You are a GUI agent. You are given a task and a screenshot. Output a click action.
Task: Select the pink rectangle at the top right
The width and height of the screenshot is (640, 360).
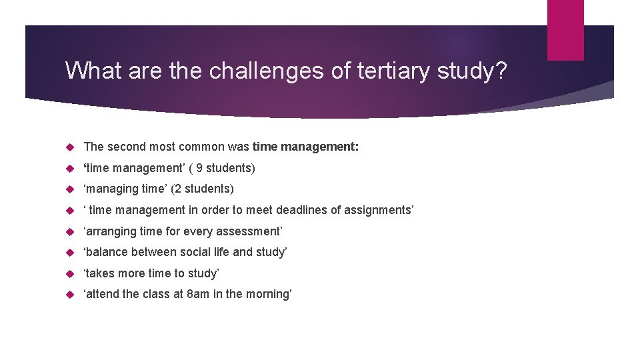[x=565, y=30]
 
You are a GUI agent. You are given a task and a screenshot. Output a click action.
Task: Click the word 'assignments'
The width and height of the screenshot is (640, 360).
[x=376, y=210]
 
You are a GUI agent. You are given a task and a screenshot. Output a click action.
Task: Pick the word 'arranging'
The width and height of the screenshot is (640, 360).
[x=109, y=231]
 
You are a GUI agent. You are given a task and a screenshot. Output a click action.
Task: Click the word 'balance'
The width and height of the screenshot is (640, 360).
[x=106, y=252]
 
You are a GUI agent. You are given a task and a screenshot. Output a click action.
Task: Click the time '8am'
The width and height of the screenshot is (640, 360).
[x=197, y=294]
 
